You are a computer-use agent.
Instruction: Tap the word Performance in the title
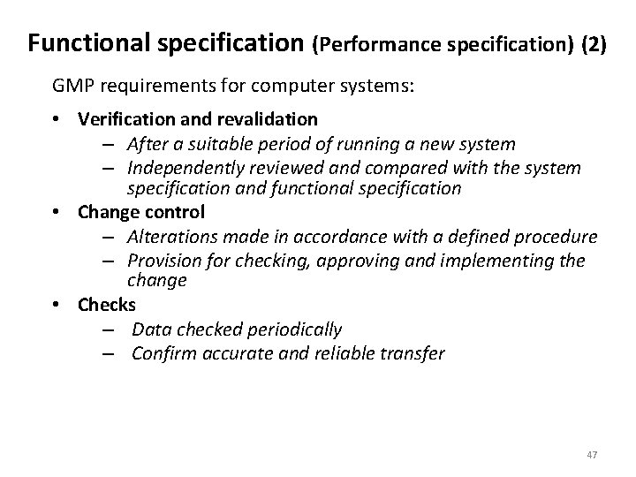pyautogui.click(x=371, y=43)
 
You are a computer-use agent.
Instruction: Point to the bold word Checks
pyautogui.click(x=107, y=305)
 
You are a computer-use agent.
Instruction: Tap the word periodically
pyautogui.click(x=296, y=329)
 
